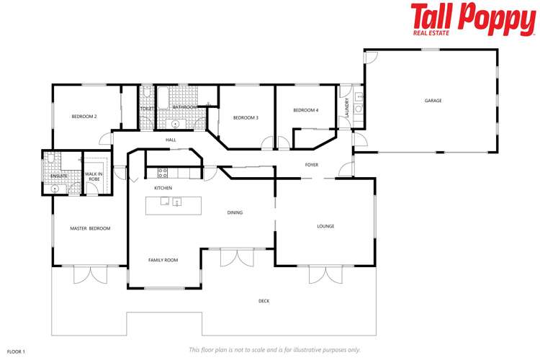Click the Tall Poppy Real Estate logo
pos(473,19)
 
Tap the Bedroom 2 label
pos(84,116)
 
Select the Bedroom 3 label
pos(246,117)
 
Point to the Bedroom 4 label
pos(305,110)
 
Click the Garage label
pos(433,101)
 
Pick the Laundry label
pos(347,108)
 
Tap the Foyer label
pos(312,165)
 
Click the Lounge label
pos(325,226)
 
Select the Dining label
pos(235,212)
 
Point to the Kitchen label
pos(163,188)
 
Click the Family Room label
pos(163,260)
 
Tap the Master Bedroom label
pos(90,228)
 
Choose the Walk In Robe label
pos(94,176)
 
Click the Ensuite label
pos(58,176)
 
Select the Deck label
pos(264,301)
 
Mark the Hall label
pos(171,140)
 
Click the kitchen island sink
pos(176,202)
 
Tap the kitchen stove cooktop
pos(163,172)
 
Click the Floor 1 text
pos(16,351)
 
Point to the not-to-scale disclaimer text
pos(274,349)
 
